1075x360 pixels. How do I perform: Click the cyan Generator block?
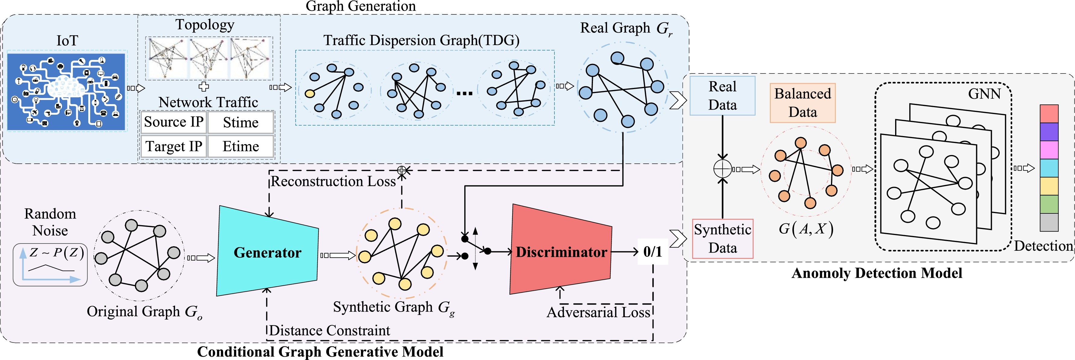(x=267, y=252)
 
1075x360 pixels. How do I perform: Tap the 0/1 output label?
(x=652, y=252)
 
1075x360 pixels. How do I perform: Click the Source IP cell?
(x=174, y=122)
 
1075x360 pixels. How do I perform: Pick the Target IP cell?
(x=174, y=146)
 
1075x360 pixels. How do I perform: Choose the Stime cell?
(x=241, y=122)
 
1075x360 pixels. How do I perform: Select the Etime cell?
(x=241, y=146)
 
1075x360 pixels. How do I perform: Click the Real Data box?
(x=722, y=95)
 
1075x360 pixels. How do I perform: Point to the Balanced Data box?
(x=803, y=103)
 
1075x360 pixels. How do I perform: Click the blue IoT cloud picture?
(x=66, y=92)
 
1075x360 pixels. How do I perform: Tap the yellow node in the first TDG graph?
(x=310, y=93)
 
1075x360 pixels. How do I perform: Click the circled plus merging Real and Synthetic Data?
(x=722, y=169)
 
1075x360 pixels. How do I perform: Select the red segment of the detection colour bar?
(x=1049, y=113)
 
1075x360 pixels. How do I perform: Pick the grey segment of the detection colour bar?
(x=1049, y=222)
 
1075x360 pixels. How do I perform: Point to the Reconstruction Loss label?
(x=333, y=182)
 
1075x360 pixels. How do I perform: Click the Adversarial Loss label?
(x=598, y=312)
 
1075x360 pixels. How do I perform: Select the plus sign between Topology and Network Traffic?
(x=204, y=87)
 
